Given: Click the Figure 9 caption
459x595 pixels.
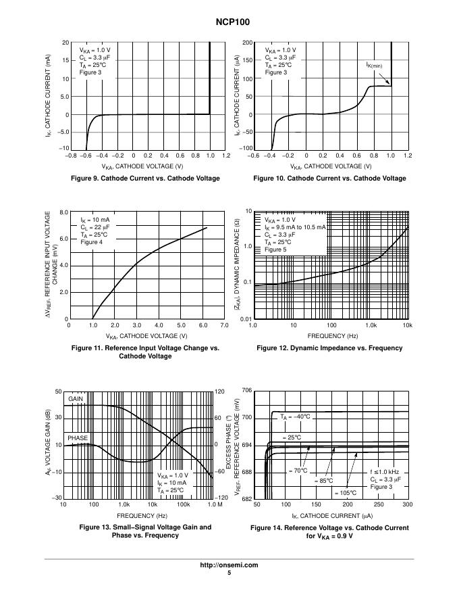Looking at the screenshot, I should coord(146,178).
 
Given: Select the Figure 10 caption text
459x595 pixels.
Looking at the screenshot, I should coord(329,178).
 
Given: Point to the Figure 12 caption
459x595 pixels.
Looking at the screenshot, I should coord(329,348).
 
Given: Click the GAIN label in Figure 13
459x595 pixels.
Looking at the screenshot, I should coord(76,399).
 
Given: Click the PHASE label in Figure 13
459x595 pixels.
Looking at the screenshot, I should coord(78,438).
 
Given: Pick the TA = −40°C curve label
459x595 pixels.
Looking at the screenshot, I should coord(295,416).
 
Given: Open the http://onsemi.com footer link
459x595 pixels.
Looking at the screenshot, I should coord(230,565).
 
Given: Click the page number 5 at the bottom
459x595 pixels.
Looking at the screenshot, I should coord(230,573).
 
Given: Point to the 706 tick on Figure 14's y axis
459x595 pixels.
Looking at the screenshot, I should coord(246,391).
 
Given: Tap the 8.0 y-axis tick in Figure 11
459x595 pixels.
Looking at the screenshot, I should coord(63,212).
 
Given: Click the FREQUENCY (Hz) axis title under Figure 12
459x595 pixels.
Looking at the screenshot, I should coord(330,335).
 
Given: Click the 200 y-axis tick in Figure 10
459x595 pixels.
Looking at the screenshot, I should coord(248,43).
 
